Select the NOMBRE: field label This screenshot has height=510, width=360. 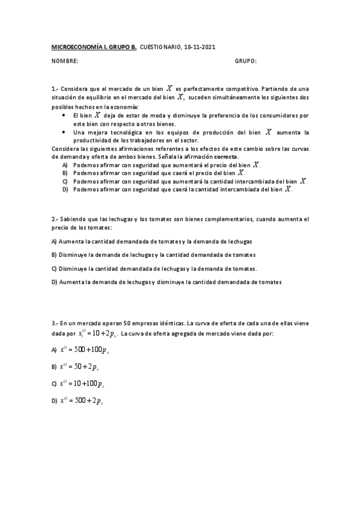click(x=64, y=61)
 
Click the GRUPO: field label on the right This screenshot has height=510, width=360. click(x=246, y=61)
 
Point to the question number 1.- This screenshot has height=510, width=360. click(x=55, y=88)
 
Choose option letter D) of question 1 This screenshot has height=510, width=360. click(x=65, y=189)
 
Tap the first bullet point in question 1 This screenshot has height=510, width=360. click(x=64, y=114)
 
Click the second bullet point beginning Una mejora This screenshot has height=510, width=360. click(x=64, y=131)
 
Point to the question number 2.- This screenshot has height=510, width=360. click(x=55, y=219)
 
